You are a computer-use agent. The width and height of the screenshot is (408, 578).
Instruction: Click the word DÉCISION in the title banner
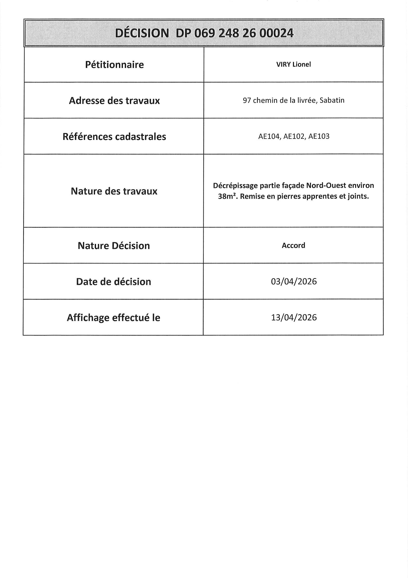(x=142, y=33)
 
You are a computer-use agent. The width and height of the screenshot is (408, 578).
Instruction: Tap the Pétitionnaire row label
(x=114, y=65)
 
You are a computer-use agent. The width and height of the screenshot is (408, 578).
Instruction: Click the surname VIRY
(x=284, y=65)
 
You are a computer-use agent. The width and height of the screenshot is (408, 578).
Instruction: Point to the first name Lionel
(x=302, y=65)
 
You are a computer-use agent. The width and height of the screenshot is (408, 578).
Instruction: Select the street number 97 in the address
(x=247, y=100)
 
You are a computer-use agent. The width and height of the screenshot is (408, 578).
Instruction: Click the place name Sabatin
(x=332, y=100)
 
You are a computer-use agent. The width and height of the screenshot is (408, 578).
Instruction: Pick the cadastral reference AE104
(x=269, y=136)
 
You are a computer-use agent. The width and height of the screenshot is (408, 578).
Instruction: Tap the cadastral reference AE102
(x=294, y=136)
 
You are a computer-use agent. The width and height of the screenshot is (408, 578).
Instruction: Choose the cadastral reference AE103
(x=318, y=136)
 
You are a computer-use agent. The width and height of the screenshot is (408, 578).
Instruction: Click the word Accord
(x=293, y=245)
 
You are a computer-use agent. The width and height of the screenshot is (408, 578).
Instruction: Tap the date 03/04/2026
(x=294, y=281)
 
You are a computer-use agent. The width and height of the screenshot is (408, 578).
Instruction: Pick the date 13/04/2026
(x=294, y=317)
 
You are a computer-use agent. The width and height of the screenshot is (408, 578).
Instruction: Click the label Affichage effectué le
(x=113, y=318)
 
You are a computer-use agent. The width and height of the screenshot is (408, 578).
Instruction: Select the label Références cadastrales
(x=114, y=137)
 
